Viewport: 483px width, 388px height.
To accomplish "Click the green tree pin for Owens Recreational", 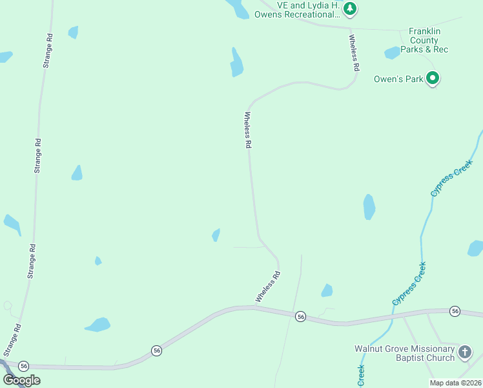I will (x=350, y=9).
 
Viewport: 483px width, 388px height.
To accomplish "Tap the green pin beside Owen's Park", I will (x=433, y=79).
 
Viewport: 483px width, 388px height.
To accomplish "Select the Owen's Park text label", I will (x=398, y=80).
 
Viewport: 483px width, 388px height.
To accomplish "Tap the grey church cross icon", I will (x=465, y=352).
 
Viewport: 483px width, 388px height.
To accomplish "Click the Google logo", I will (x=21, y=380).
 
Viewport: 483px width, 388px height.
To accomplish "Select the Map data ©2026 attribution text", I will (x=455, y=383).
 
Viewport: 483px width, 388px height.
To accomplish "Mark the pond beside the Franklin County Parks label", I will (x=392, y=53).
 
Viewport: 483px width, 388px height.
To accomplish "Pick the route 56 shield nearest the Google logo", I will (x=24, y=365).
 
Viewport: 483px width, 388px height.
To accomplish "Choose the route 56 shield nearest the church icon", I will (x=455, y=311).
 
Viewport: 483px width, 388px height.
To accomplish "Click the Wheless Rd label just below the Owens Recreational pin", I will (x=355, y=52).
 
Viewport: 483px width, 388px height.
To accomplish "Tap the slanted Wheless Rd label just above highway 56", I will (x=268, y=286).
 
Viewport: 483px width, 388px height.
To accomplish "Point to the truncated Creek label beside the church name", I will (x=361, y=374).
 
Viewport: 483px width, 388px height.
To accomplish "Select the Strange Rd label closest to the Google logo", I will (x=11, y=340).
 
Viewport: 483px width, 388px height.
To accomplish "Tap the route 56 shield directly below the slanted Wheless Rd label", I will (x=300, y=316).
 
